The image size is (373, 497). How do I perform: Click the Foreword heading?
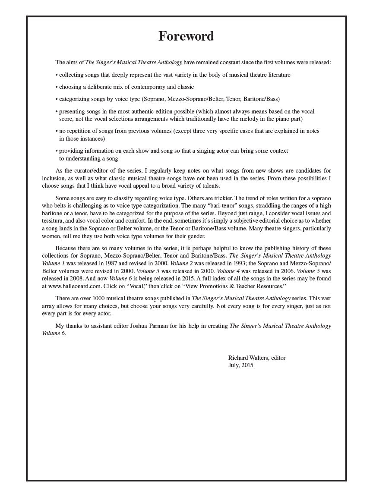(186, 36)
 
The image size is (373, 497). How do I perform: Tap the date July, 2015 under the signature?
(241, 365)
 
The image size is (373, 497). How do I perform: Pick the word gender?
(196, 236)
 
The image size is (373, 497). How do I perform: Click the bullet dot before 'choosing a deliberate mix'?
(57, 87)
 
